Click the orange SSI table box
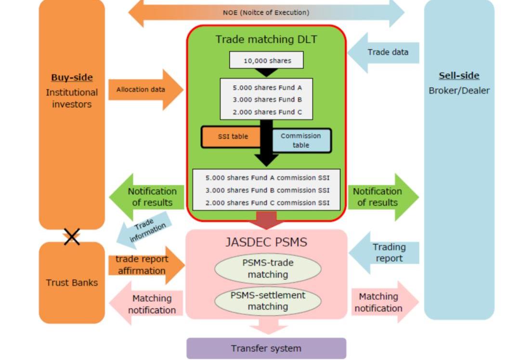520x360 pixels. click(x=231, y=136)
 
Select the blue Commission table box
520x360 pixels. click(x=301, y=140)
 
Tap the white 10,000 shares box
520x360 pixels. click(x=267, y=61)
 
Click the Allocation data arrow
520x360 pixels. click(x=144, y=90)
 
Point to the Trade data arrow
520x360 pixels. click(x=385, y=53)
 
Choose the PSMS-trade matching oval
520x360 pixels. click(x=268, y=268)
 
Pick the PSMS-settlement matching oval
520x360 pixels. click(x=268, y=300)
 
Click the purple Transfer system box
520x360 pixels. click(x=266, y=348)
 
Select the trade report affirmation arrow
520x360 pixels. click(x=144, y=265)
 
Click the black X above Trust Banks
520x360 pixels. click(x=72, y=236)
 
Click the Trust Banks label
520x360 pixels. click(x=72, y=282)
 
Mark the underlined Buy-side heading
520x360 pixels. click(x=72, y=78)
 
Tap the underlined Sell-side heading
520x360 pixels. click(x=459, y=76)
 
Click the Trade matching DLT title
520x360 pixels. click(x=266, y=39)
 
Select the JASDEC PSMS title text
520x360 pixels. click(x=266, y=242)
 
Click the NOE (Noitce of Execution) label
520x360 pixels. click(x=266, y=13)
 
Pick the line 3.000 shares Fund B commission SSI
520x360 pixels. click(x=267, y=190)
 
